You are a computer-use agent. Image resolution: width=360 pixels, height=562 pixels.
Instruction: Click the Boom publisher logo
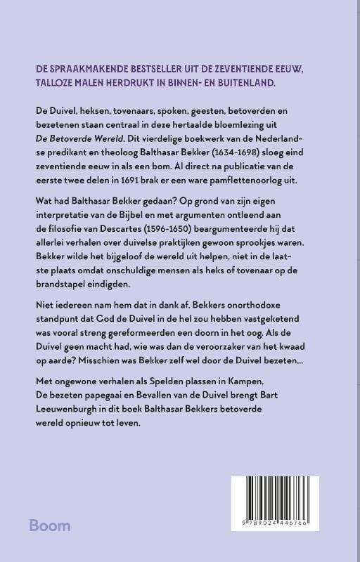(x=50, y=525)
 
